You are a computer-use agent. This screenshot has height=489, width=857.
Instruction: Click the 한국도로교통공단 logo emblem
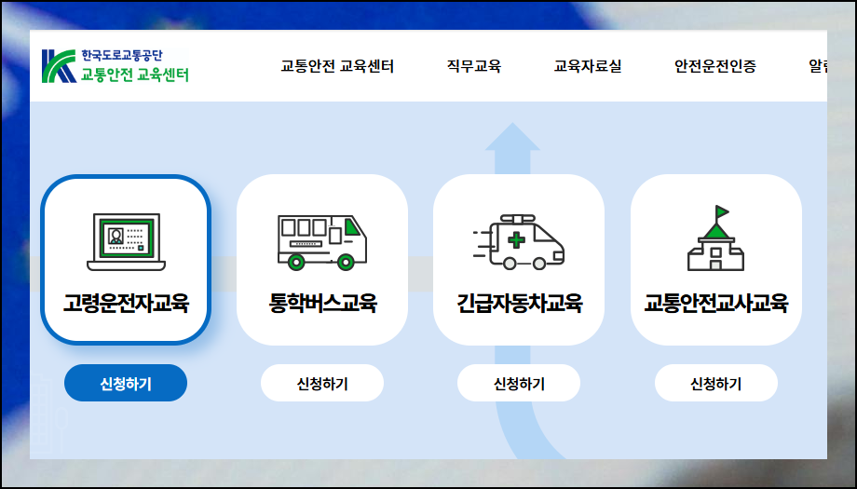59,65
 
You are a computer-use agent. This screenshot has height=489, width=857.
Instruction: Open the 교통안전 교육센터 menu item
337,66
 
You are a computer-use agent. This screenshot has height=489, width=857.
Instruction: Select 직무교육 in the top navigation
474,66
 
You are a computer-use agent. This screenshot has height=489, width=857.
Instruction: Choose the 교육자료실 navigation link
588,66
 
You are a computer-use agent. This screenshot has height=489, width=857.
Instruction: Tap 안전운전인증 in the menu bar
715,66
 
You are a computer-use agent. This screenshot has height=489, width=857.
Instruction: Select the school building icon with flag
716,238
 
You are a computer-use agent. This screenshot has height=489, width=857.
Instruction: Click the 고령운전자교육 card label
126,303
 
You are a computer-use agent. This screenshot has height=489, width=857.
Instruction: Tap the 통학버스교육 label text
322,303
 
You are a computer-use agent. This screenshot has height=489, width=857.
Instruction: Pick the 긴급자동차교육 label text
519,303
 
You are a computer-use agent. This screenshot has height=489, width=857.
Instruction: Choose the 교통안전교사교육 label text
716,303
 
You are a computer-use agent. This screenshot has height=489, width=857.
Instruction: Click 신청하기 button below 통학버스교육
322,383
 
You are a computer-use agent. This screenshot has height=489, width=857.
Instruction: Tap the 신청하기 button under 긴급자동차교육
519,383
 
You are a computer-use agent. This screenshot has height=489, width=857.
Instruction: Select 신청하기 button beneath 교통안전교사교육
716,383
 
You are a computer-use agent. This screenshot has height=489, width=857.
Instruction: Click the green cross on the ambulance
515,240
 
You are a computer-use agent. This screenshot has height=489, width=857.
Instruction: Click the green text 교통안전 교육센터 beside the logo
135,75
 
